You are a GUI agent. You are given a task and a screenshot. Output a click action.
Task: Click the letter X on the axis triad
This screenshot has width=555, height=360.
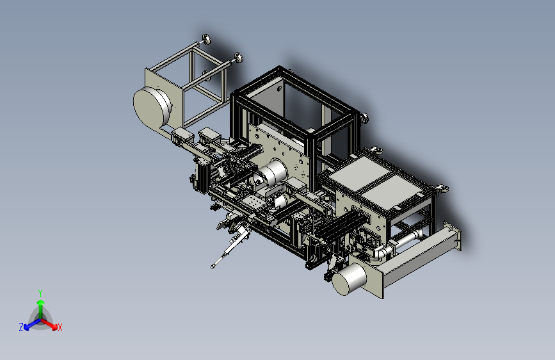60,327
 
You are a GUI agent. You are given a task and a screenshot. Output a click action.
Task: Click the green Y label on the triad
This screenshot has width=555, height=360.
40,293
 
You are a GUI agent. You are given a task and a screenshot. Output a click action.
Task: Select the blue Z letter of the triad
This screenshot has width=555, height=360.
21,327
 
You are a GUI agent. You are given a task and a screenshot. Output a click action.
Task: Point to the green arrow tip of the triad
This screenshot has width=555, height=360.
41,302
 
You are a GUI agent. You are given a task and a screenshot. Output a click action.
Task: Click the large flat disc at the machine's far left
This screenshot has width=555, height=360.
152,106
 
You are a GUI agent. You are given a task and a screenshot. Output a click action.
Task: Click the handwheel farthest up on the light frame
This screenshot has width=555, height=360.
206,39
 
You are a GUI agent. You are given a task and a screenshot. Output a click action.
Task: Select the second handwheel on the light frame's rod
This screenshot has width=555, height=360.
238,58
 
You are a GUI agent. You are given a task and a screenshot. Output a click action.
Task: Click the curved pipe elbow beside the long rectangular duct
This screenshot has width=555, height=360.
379,252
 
